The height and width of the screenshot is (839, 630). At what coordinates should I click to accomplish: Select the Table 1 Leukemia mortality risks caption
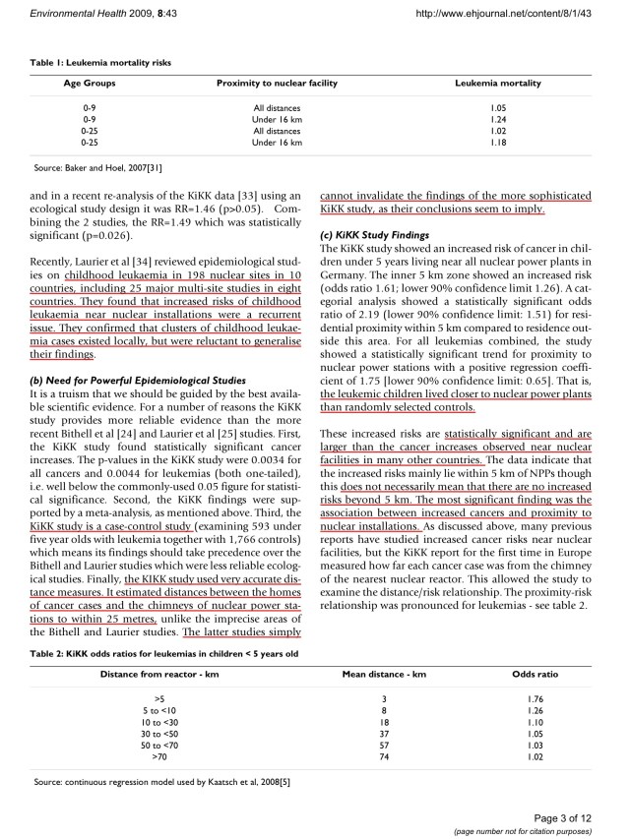pyautogui.click(x=102, y=62)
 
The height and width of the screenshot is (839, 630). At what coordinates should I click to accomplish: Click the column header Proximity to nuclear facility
pyautogui.click(x=277, y=84)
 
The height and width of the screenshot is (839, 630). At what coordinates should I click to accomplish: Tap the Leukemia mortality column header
pyautogui.click(x=497, y=84)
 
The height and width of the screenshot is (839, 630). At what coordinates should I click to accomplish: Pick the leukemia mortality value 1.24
pyautogui.click(x=497, y=118)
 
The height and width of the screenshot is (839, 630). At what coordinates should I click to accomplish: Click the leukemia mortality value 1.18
pyautogui.click(x=497, y=143)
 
